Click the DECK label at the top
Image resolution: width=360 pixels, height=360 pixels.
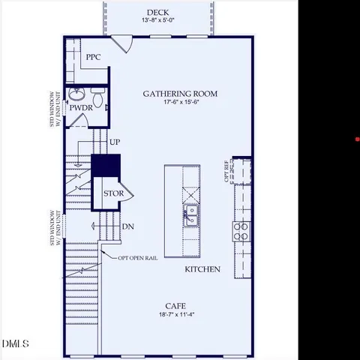coord(157,11)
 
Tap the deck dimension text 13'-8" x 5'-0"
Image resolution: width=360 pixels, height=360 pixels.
coord(157,21)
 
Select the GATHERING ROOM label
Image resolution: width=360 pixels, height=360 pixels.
coord(181,94)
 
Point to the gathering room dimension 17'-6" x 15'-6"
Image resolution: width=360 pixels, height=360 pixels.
coord(181,103)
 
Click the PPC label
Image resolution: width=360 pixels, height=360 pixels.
coord(93,57)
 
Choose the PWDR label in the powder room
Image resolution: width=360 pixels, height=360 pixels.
coord(80,108)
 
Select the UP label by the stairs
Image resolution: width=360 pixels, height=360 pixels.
coord(115,142)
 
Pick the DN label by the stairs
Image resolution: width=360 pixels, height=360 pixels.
coord(127,226)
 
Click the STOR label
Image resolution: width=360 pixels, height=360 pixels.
coord(113,193)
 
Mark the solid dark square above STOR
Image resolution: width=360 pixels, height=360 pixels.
coord(106,165)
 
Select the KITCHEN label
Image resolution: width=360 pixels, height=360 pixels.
coord(202,268)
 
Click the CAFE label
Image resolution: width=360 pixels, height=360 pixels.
coord(176,306)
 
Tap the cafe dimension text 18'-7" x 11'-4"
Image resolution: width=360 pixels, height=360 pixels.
coord(176,316)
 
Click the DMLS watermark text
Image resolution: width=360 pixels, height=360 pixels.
coord(15,344)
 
